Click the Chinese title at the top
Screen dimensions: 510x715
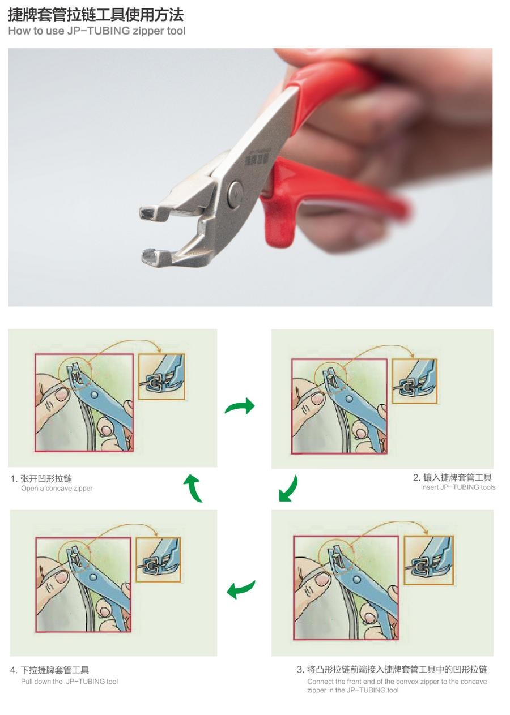pos(96,14)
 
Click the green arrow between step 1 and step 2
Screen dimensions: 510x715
pos(240,406)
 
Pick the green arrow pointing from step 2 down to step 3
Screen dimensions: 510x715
pos(288,489)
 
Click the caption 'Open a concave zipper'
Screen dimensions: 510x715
pos(57,489)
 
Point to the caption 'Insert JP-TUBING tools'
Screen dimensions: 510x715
pos(458,487)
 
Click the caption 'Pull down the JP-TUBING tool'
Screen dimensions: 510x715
pos(69,682)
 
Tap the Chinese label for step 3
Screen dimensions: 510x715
pos(392,669)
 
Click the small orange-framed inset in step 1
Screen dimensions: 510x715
pos(161,376)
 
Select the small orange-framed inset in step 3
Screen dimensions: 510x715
pos(428,560)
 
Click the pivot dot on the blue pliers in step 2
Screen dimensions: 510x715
pos(349,399)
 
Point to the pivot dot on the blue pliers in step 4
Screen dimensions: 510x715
pos(93,577)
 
